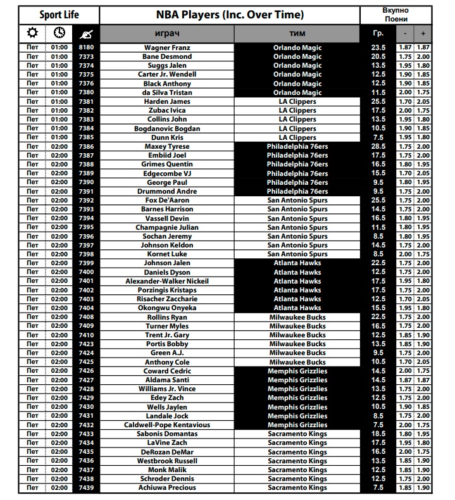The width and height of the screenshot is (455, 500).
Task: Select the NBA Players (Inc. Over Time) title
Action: point(230,15)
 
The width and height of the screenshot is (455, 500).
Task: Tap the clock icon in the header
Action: point(59,33)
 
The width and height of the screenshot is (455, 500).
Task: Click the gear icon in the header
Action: point(32,33)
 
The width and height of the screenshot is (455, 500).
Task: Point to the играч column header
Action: point(167,33)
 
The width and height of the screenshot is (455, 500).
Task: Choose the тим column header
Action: point(297,33)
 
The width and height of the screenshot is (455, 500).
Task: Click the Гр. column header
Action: point(378,33)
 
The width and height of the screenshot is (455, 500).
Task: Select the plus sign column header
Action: point(423,33)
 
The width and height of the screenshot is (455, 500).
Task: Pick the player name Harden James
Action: point(167,101)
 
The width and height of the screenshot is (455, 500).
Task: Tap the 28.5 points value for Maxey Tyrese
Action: point(378,146)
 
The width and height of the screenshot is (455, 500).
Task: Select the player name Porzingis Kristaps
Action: point(167,290)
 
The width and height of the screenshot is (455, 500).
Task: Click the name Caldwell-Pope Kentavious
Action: point(167,425)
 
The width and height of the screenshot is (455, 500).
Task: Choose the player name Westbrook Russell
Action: point(167,461)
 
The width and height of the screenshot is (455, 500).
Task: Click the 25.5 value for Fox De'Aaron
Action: point(378,200)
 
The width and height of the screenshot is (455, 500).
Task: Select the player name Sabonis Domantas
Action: point(167,434)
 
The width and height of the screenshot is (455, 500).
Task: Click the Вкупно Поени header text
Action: point(396,15)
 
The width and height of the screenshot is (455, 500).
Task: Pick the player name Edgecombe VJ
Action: point(167,173)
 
